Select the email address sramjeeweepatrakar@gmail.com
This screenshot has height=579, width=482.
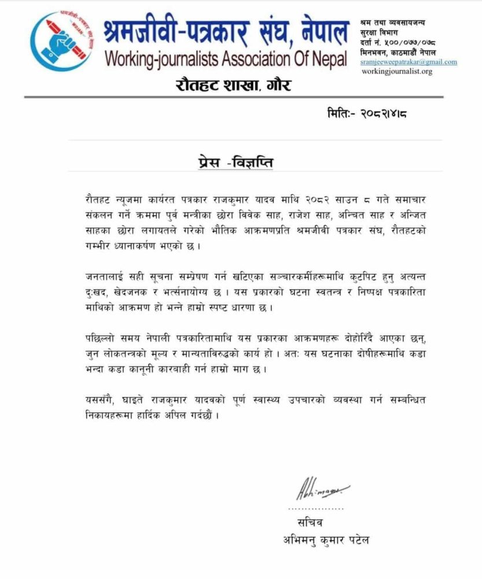click(409, 61)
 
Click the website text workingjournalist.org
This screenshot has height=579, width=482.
click(396, 71)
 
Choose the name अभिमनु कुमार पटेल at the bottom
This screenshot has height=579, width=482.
click(326, 540)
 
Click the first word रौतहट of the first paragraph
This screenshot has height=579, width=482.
click(97, 198)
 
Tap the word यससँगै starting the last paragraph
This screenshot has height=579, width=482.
click(100, 400)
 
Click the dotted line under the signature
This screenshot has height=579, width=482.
click(315, 508)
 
